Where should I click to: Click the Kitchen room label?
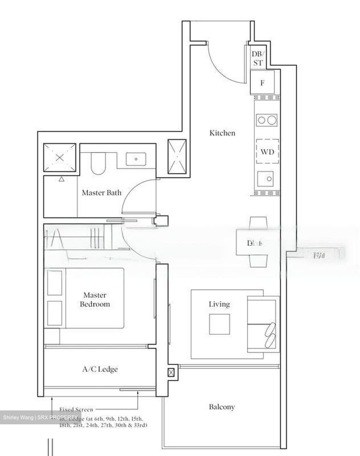tap(222, 133)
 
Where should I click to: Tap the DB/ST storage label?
tap(258, 59)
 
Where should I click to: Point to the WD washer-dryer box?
tap(267, 152)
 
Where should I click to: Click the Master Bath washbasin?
tap(136, 159)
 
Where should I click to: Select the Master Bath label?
tap(101, 193)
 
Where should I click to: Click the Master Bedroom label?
tap(95, 300)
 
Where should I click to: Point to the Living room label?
tap(219, 304)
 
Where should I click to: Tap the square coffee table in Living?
tap(219, 324)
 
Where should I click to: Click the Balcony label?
tap(222, 407)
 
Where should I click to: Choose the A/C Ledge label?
tap(100, 369)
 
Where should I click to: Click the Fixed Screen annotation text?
tap(76, 409)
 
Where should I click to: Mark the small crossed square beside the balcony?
tap(171, 372)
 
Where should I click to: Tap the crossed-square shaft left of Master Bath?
tap(60, 157)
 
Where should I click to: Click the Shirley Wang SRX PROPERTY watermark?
tap(40, 417)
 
